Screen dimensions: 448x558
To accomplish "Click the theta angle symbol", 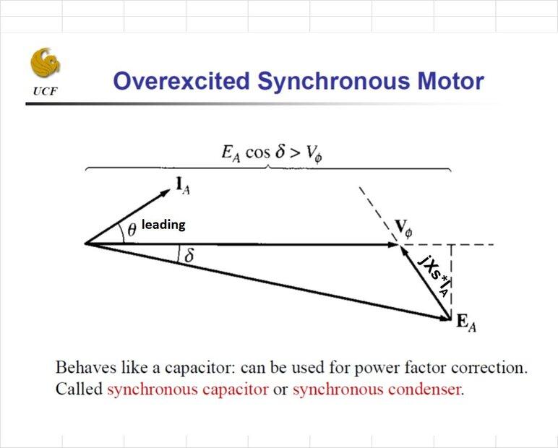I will coord(131,229).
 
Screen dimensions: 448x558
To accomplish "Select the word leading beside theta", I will coord(163,225).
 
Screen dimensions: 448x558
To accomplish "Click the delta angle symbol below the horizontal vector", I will coord(189,256).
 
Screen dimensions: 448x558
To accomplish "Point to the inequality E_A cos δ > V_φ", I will coord(268,153).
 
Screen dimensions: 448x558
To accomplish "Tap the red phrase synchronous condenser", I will coord(376,389).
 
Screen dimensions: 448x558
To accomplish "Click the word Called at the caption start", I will coord(79,389).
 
